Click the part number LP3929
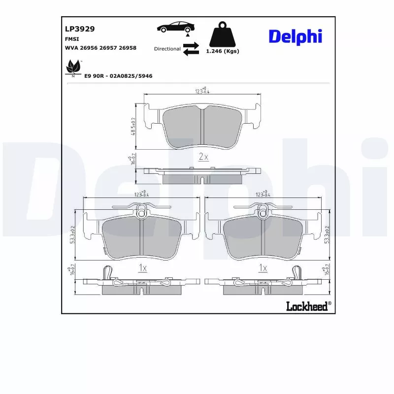(x=80, y=29)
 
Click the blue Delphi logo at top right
(x=295, y=35)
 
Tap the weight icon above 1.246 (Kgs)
(x=222, y=34)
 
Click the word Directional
(x=167, y=49)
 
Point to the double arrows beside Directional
(x=191, y=49)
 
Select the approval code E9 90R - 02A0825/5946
(x=118, y=76)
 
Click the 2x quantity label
(x=203, y=157)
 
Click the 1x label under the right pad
(x=263, y=268)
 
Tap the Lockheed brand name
(x=307, y=306)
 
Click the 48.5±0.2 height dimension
(x=133, y=126)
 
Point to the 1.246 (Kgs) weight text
(x=222, y=51)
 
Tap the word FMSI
(x=72, y=38)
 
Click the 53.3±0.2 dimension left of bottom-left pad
(x=72, y=234)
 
